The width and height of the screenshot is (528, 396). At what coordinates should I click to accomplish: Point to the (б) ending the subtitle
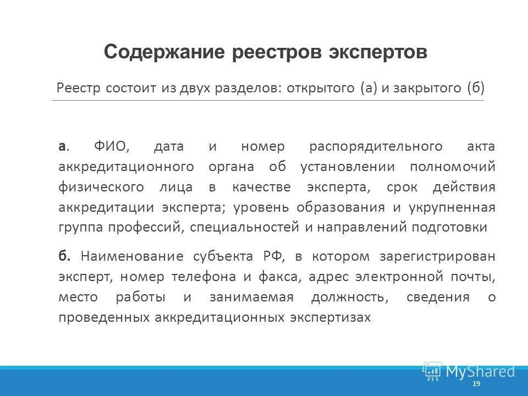click(475, 88)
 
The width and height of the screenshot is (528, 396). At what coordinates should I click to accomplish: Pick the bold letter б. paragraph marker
click(64, 256)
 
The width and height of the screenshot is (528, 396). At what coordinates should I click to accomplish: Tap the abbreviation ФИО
click(111, 146)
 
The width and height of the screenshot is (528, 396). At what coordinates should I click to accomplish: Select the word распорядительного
click(376, 146)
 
